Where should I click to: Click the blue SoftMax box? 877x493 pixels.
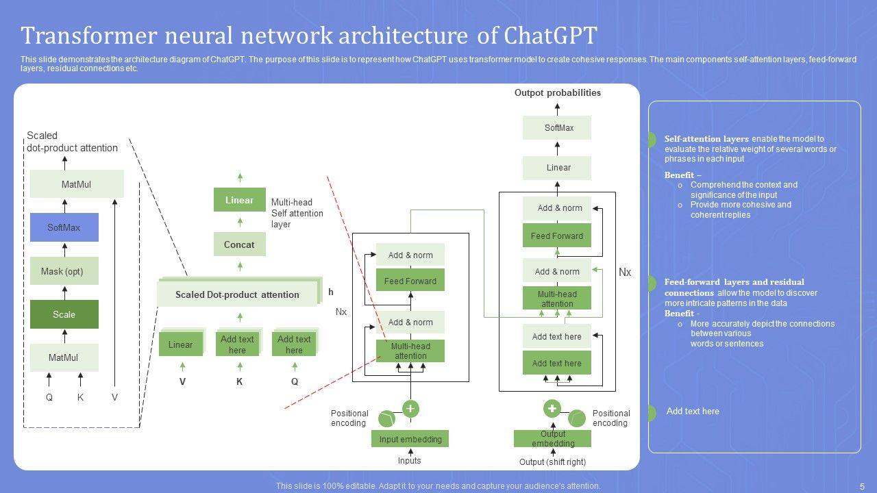pyautogui.click(x=64, y=227)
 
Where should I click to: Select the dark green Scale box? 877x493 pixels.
pyautogui.click(x=64, y=314)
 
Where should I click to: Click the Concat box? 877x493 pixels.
pyautogui.click(x=239, y=244)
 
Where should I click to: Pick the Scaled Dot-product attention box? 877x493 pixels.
pyautogui.click(x=237, y=294)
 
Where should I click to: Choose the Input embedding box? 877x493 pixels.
pyautogui.click(x=410, y=439)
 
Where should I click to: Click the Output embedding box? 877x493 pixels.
pyautogui.click(x=552, y=438)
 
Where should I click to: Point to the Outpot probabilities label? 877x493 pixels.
pyautogui.click(x=557, y=92)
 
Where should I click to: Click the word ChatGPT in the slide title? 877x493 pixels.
pyautogui.click(x=550, y=35)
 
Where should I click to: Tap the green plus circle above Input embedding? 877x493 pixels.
pyautogui.click(x=410, y=409)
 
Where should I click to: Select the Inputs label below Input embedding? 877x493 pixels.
pyautogui.click(x=409, y=461)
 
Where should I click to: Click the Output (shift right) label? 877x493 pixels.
pyautogui.click(x=552, y=462)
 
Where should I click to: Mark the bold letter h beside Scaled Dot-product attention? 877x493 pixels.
pyautogui.click(x=331, y=292)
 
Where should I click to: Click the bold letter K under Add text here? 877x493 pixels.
pyautogui.click(x=239, y=382)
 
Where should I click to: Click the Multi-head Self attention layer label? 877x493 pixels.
pyautogui.click(x=297, y=213)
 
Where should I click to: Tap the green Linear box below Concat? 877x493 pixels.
pyautogui.click(x=239, y=200)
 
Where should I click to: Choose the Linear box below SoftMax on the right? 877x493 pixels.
pyautogui.click(x=558, y=168)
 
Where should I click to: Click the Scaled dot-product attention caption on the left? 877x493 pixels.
pyautogui.click(x=72, y=142)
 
